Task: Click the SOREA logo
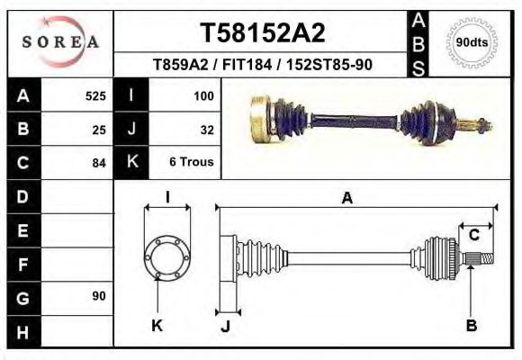click(60, 42)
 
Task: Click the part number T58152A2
click(262, 33)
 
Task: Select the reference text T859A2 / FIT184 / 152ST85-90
click(262, 66)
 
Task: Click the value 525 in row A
click(95, 95)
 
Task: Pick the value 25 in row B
click(99, 129)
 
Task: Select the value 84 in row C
click(99, 163)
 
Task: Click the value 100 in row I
click(202, 95)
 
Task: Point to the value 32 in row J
click(206, 129)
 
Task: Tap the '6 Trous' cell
click(191, 163)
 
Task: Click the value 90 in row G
click(99, 296)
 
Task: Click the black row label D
click(22, 196)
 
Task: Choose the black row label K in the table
click(131, 163)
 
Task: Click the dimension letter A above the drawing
click(346, 200)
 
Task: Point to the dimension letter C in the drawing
click(473, 236)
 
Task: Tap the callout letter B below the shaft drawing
click(471, 325)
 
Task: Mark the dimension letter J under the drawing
click(225, 326)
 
